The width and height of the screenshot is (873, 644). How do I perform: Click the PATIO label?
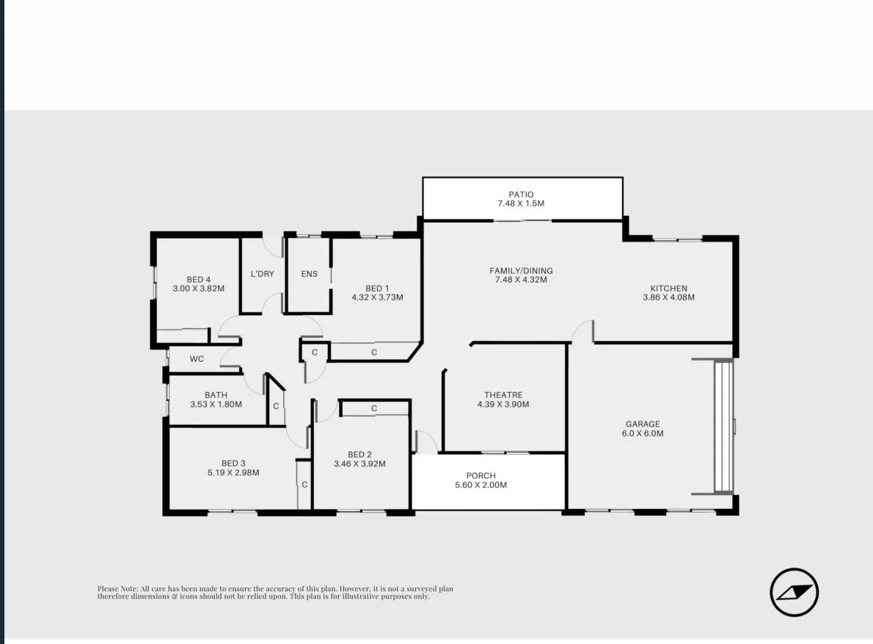[521, 195]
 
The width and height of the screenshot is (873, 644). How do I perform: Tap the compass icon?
[794, 592]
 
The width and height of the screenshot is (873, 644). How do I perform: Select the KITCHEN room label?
[668, 288]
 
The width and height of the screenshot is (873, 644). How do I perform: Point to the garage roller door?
[723, 426]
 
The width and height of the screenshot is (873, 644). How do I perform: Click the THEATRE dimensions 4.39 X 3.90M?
[503, 405]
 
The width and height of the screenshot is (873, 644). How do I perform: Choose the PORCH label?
[481, 475]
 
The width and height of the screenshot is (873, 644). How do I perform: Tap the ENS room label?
[309, 274]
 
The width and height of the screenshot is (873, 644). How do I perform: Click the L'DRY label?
[262, 274]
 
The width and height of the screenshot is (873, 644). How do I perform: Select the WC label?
[197, 359]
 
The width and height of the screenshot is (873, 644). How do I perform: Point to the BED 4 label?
[198, 279]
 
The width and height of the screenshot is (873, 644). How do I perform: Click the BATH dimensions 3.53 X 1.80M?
[216, 405]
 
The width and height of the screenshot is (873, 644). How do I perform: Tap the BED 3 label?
[233, 463]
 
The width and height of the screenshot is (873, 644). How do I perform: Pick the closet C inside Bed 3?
[304, 485]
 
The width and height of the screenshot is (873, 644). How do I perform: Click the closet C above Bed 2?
[373, 408]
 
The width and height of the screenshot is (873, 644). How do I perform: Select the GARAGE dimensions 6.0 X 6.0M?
[643, 433]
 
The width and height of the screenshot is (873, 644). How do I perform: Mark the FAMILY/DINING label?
[521, 270]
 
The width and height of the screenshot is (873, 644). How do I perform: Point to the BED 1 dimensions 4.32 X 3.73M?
[377, 297]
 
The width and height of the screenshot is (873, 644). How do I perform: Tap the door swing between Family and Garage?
[584, 331]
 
